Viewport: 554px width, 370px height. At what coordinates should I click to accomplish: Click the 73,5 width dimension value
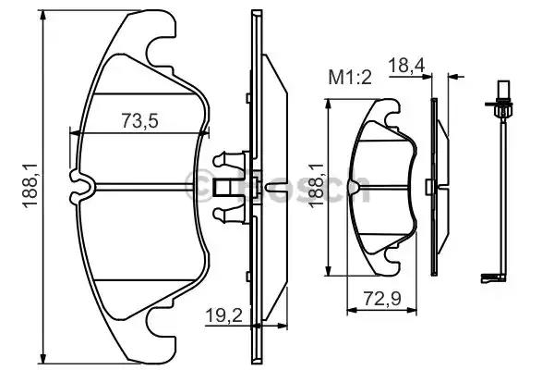140,120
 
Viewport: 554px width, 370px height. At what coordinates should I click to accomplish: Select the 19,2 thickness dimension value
224,315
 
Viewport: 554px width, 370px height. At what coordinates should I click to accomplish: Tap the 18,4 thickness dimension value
406,66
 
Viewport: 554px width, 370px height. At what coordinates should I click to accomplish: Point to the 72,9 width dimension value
382,299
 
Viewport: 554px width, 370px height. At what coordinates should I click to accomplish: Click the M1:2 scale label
350,77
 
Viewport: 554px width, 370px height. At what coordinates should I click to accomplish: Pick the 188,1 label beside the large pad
30,185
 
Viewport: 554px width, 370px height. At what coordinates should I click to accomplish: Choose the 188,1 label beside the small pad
317,185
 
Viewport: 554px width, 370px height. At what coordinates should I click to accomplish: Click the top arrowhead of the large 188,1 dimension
43,15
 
